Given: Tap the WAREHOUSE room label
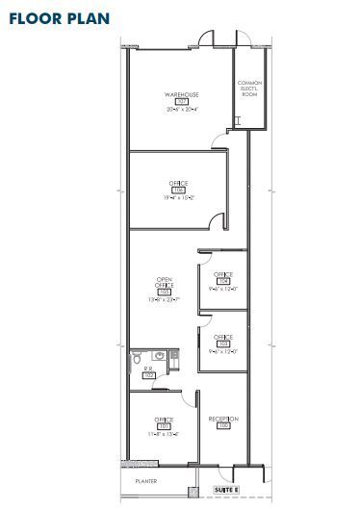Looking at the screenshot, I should [x=180, y=95].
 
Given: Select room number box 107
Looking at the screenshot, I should [x=180, y=103].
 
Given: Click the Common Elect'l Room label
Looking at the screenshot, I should [x=249, y=89].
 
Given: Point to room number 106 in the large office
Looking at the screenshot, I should [x=178, y=191].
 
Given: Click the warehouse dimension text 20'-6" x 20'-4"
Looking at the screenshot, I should [x=180, y=111].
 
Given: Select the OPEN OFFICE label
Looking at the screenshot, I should [x=165, y=283].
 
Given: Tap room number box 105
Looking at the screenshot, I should [x=165, y=293].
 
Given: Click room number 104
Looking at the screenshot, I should [x=223, y=281].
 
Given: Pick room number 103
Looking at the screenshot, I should [x=223, y=344].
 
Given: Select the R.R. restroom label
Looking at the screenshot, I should [x=148, y=369].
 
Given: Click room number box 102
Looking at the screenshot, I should [x=148, y=375].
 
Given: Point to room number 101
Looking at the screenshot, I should [x=164, y=426].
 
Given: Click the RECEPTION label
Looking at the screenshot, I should [x=223, y=419].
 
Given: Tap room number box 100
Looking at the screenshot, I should [x=223, y=426].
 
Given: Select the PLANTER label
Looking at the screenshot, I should [x=145, y=481].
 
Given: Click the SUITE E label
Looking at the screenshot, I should [x=224, y=490].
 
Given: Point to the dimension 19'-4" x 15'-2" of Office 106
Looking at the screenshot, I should [x=178, y=198].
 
